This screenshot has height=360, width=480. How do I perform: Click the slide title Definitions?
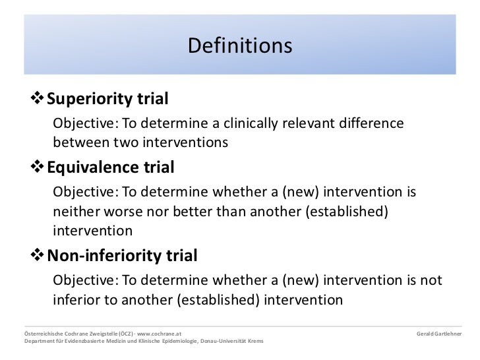239,47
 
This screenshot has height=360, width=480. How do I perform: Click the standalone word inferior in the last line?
76,299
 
